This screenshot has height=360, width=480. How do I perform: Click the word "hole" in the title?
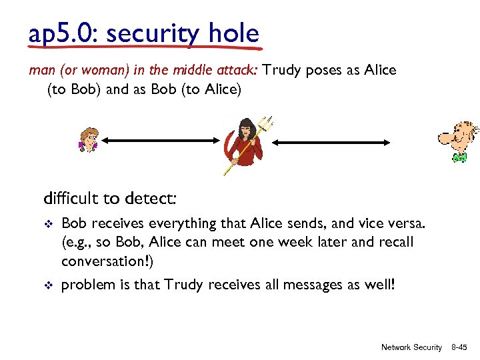[x=231, y=33]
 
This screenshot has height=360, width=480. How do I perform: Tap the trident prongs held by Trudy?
[x=266, y=123]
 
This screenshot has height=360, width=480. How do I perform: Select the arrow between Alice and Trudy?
[x=161, y=141]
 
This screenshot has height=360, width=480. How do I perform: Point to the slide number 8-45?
[x=459, y=347]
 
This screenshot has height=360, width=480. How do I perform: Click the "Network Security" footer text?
[x=411, y=347]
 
